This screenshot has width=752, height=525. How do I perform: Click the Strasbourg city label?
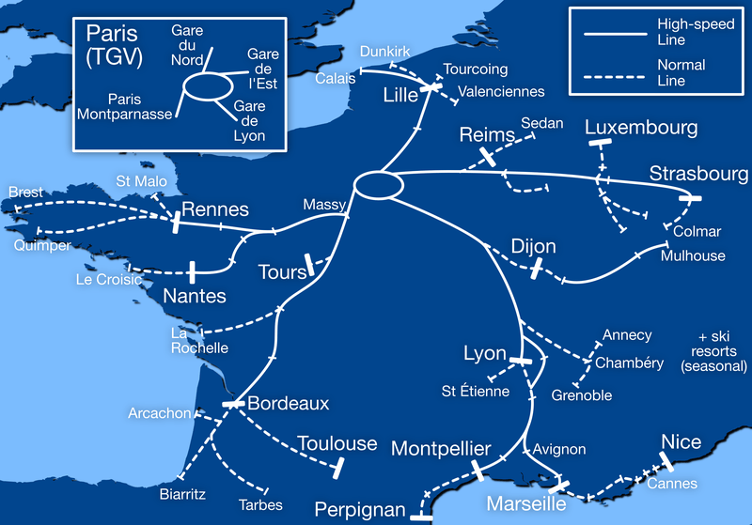click(x=697, y=175)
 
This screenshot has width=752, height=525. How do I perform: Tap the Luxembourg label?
click(x=641, y=127)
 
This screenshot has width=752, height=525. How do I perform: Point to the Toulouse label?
click(x=337, y=443)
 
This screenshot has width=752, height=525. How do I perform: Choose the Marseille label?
click(x=526, y=504)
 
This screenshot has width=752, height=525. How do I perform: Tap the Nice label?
click(x=681, y=442)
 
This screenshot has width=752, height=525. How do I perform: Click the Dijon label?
click(x=534, y=247)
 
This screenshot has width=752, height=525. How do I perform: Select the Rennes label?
click(x=214, y=209)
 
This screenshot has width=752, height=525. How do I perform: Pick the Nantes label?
click(x=195, y=297)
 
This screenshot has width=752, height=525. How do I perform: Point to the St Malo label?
click(x=136, y=181)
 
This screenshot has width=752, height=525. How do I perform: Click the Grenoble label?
click(x=581, y=395)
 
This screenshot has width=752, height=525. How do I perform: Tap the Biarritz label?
click(x=182, y=493)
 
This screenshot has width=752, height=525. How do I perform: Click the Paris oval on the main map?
click(x=377, y=185)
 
